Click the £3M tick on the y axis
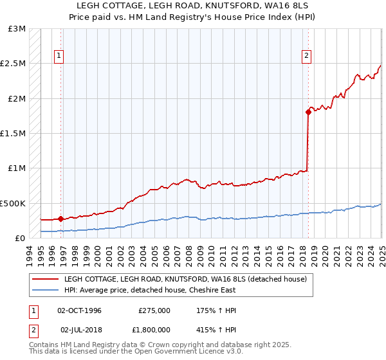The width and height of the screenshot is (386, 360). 17,30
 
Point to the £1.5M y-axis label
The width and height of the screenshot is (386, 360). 13,134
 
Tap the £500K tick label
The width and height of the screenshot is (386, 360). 13,203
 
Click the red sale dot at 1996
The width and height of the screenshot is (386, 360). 60,219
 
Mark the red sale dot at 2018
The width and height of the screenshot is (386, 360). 308,113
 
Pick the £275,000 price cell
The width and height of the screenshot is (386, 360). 154,310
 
